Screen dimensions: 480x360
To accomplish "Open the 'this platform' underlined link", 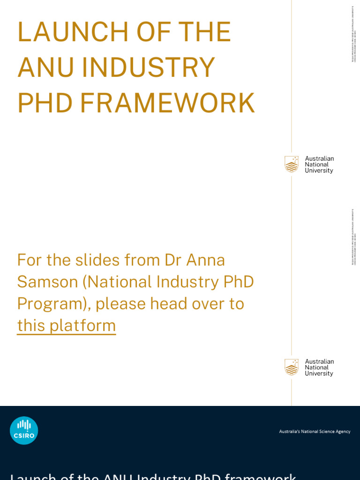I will pos(66,325).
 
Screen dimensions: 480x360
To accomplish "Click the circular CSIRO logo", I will pos(24,430).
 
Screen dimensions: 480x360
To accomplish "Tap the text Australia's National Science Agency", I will pos(315,431).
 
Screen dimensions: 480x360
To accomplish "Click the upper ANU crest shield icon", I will pos(292,164).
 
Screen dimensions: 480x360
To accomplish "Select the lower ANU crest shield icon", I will pos(292,367).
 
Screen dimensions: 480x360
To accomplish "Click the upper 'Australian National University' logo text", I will pos(319,165).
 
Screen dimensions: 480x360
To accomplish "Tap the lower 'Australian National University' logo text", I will pos(319,367).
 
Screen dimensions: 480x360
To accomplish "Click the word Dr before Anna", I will pos(174,260).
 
